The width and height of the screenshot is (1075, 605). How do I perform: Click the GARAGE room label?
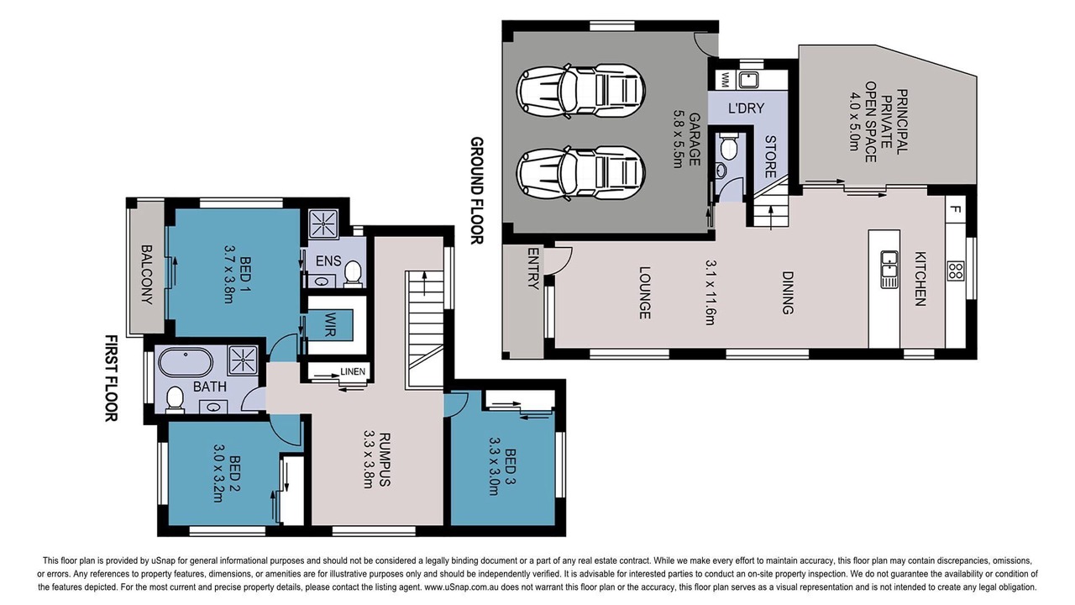pyautogui.click(x=694, y=139)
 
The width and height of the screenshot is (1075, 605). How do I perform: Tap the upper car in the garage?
pyautogui.click(x=580, y=90)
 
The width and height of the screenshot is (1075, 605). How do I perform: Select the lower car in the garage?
pyautogui.click(x=580, y=173)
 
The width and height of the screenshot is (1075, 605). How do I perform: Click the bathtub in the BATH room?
pyautogui.click(x=186, y=362)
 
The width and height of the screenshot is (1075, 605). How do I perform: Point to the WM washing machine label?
pyautogui.click(x=725, y=80)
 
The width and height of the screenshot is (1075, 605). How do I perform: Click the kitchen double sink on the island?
pyautogui.click(x=889, y=270)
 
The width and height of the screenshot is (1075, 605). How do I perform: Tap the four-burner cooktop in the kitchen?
pyautogui.click(x=956, y=271)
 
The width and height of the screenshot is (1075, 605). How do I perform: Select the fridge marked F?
pyautogui.click(x=956, y=210)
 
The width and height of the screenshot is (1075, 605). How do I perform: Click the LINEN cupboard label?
pyautogui.click(x=353, y=371)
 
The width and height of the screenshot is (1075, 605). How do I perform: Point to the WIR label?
pyautogui.click(x=330, y=324)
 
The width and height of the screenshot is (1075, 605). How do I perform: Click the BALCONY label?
pyautogui.click(x=147, y=275)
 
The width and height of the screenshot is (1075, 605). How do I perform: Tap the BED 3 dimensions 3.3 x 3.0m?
pyautogui.click(x=494, y=466)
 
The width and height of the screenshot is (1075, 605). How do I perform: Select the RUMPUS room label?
pyautogui.click(x=385, y=460)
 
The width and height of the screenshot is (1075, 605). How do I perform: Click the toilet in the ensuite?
pyautogui.click(x=354, y=274)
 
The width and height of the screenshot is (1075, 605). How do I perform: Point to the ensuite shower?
pyautogui.click(x=323, y=224)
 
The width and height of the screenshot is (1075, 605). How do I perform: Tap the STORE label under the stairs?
pyautogui.click(x=770, y=156)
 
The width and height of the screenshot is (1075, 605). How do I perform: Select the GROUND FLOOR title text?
pyautogui.click(x=476, y=191)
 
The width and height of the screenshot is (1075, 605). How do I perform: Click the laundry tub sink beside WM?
pyautogui.click(x=748, y=79)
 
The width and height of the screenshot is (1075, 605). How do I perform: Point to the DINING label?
pyautogui.click(x=788, y=293)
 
